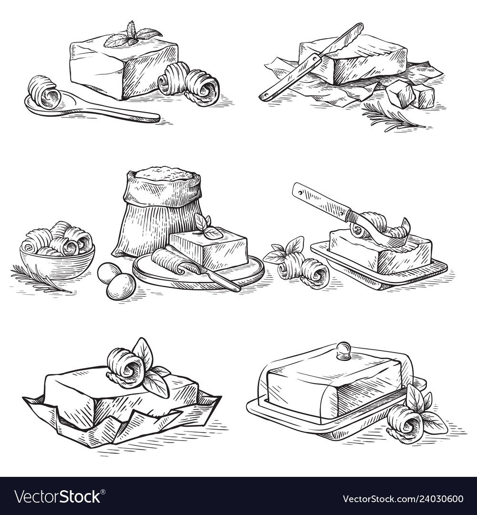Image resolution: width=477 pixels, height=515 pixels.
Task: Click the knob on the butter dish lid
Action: point(343,350)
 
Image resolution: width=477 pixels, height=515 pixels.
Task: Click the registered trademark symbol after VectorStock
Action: point(103,492)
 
